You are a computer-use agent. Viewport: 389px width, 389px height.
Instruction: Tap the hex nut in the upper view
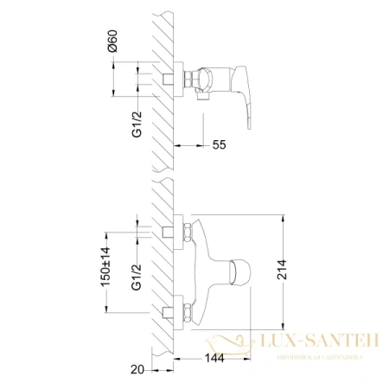[186, 80]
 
